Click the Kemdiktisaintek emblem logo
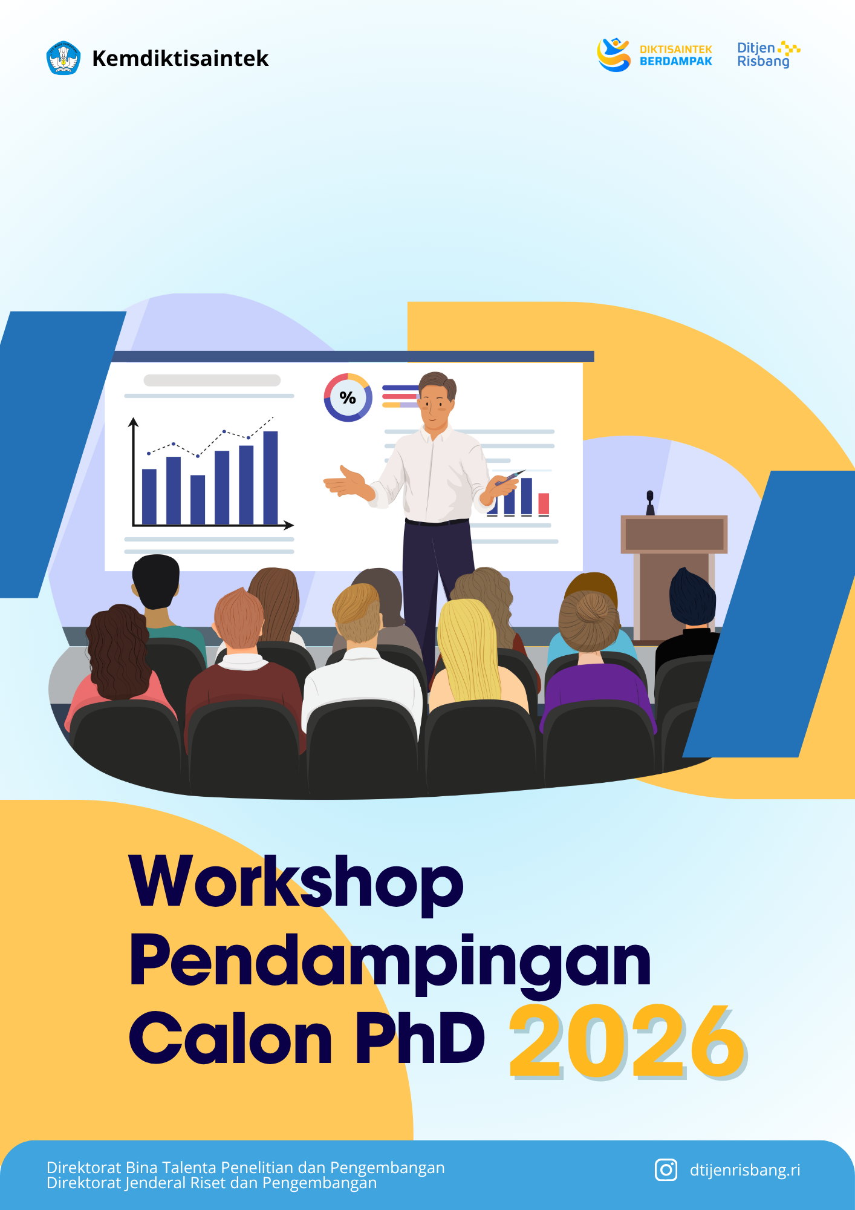(63, 58)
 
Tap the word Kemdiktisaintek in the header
(180, 59)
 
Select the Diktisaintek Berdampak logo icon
(614, 54)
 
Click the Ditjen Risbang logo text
(763, 54)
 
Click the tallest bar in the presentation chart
(270, 477)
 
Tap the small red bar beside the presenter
(544, 503)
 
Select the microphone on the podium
(650, 502)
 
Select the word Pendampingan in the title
(391, 961)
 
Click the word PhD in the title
(420, 1037)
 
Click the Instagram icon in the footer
(666, 1169)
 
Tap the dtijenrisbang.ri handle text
(745, 1170)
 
